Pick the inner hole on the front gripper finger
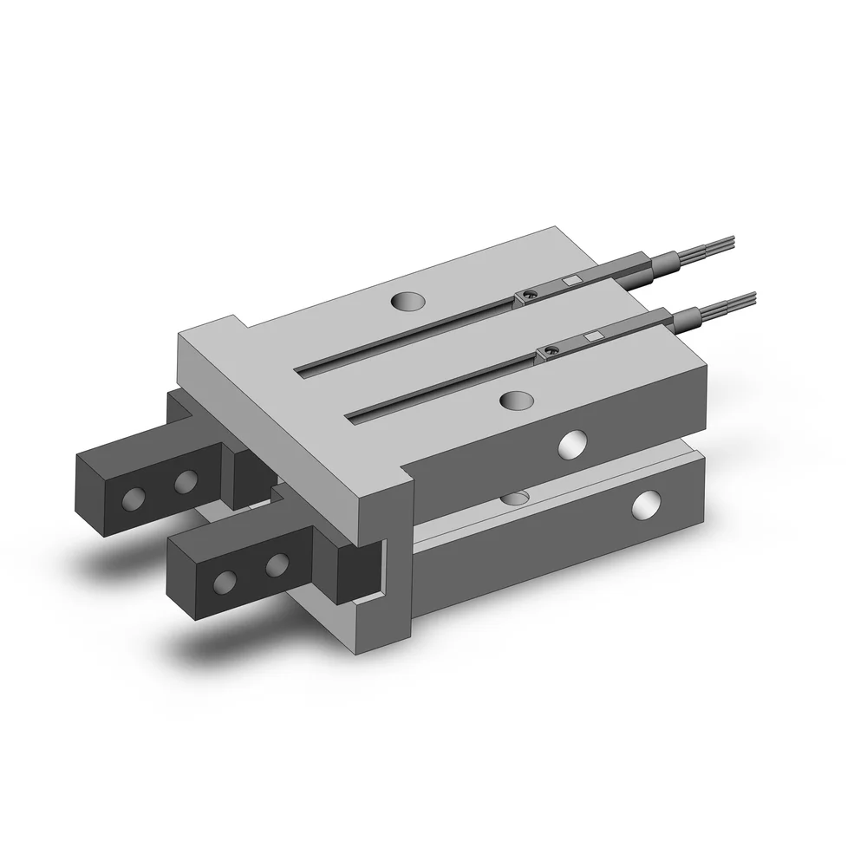pos(277,564)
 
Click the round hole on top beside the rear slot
pos(407,301)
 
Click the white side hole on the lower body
pos(646,505)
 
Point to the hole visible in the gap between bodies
pos(518,498)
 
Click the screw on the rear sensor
pos(531,296)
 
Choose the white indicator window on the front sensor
pos(593,336)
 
